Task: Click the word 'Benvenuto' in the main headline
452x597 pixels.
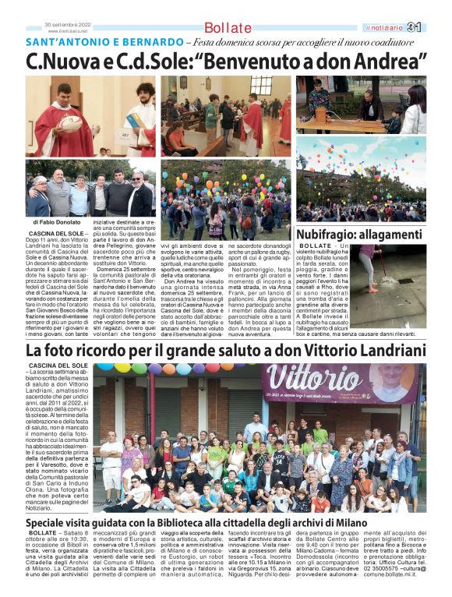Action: click(263, 60)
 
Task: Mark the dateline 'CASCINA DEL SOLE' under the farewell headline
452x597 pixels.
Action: click(58, 366)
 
